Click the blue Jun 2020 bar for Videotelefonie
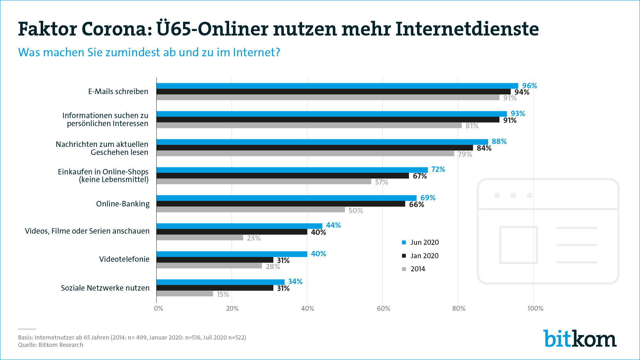pyautogui.click(x=232, y=254)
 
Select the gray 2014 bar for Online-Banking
pyautogui.click(x=251, y=210)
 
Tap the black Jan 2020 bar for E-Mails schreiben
pyautogui.click(x=333, y=92)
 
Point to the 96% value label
pyautogui.click(x=530, y=86)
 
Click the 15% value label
pyautogui.click(x=223, y=294)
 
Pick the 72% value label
pyautogui.click(x=438, y=169)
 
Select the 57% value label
pyautogui.click(x=381, y=182)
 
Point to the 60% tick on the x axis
pyautogui.click(x=383, y=308)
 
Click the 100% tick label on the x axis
pyautogui.click(x=535, y=308)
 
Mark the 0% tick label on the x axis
pyautogui.click(x=158, y=308)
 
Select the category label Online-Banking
pyautogui.click(x=123, y=204)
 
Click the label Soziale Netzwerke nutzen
pyautogui.click(x=105, y=288)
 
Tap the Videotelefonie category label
pyautogui.click(x=124, y=259)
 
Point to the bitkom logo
pyautogui.click(x=580, y=339)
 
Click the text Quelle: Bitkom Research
pyautogui.click(x=51, y=345)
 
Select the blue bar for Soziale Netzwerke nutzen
pyautogui.click(x=220, y=282)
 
